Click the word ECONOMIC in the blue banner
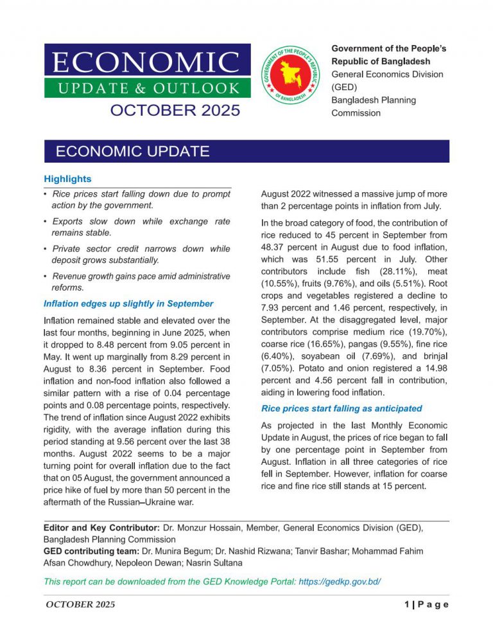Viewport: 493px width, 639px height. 146,62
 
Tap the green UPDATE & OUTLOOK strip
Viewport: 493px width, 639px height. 146,88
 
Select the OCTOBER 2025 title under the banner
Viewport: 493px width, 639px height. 175,110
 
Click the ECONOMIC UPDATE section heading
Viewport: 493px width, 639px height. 132,152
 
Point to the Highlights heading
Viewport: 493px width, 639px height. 67,179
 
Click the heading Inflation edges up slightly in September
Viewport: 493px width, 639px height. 128,303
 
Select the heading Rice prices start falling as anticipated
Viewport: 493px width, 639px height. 342,408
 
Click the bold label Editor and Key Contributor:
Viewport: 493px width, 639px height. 102,527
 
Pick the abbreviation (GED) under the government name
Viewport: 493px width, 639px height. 343,87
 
